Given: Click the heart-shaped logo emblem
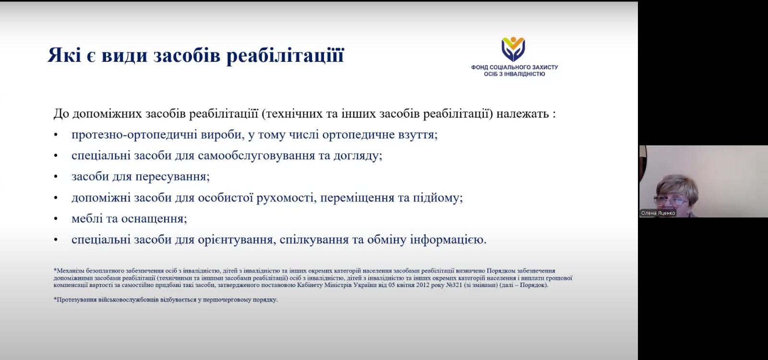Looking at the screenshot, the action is [x=513, y=49].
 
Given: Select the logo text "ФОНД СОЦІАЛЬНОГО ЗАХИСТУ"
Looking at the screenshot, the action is [x=514, y=67].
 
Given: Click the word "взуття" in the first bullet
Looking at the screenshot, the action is [x=416, y=135].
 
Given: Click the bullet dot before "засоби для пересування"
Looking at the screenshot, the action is [x=56, y=177].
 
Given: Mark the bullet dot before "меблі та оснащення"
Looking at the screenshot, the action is [x=56, y=219].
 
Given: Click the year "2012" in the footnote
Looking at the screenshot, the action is [x=423, y=285].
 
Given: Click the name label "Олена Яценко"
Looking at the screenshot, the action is [x=658, y=213].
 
